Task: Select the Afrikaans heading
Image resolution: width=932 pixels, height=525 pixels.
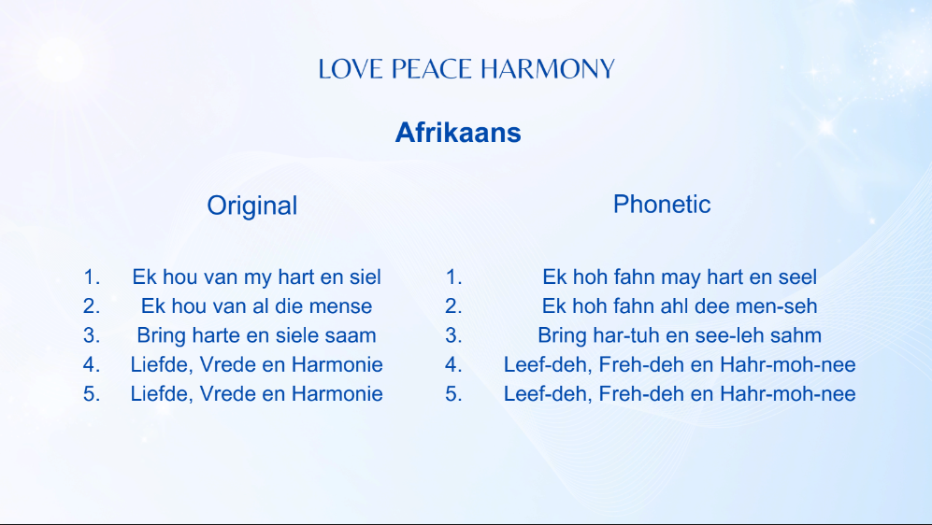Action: click(458, 133)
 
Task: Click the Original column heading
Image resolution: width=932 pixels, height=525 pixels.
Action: click(252, 206)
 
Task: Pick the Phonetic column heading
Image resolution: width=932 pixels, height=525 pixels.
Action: click(662, 204)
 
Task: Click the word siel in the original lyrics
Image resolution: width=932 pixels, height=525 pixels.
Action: click(363, 277)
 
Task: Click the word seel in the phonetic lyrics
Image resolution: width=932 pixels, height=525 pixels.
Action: click(796, 277)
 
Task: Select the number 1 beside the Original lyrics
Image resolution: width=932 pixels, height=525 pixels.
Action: click(91, 277)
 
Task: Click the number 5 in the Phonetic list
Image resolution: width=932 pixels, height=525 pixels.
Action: click(453, 393)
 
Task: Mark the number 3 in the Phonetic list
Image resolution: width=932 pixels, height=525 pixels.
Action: click(453, 335)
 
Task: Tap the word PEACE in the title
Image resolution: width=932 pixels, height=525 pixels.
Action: click(432, 69)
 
